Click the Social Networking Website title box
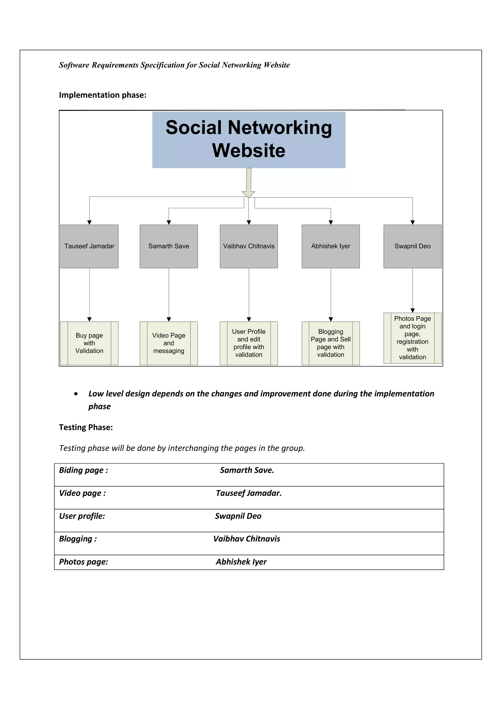click(x=249, y=140)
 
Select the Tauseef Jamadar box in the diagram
click(x=89, y=246)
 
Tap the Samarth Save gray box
click(x=169, y=246)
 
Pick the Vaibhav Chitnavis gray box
click(x=249, y=246)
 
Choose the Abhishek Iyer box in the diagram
click(x=330, y=246)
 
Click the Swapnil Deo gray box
click(x=412, y=246)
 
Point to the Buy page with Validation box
click(x=89, y=343)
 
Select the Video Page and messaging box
click(x=169, y=343)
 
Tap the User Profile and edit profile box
click(x=249, y=343)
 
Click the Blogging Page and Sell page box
click(x=330, y=343)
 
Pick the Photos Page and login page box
click(x=412, y=338)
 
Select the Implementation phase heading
click(x=102, y=95)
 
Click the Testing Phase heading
click(x=86, y=427)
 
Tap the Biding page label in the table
click(x=83, y=470)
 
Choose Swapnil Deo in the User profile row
click(x=238, y=516)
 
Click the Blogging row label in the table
click(x=78, y=539)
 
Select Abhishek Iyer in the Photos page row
click(x=241, y=562)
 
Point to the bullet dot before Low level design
click(x=76, y=394)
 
